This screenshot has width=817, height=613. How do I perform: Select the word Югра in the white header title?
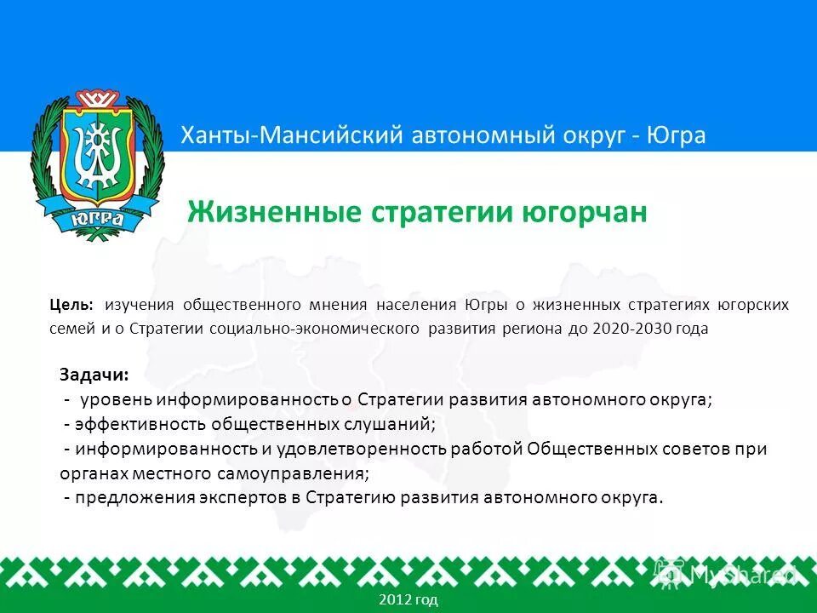tap(677, 135)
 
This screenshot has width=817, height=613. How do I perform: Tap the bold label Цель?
tap(73, 305)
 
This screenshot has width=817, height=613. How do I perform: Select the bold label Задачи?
tap(94, 375)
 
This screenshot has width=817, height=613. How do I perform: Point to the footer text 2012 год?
tap(408, 600)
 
